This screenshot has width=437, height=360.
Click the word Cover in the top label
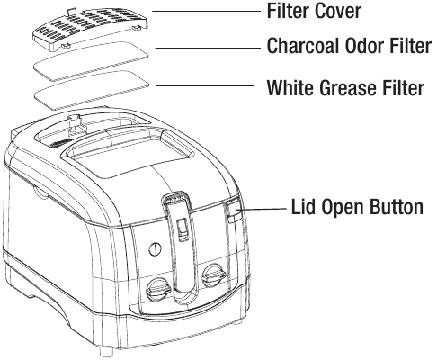[338, 11]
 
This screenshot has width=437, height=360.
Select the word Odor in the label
[363, 46]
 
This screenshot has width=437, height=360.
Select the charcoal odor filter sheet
[91, 61]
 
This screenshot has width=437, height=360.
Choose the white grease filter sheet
[92, 90]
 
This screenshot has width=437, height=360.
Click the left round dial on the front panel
[158, 289]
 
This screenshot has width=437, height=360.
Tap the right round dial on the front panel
[214, 274]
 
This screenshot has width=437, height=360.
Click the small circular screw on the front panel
[155, 248]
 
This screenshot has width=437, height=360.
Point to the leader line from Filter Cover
[207, 11]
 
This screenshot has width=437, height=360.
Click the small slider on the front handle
[182, 229]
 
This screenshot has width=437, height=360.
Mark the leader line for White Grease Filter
[205, 85]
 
